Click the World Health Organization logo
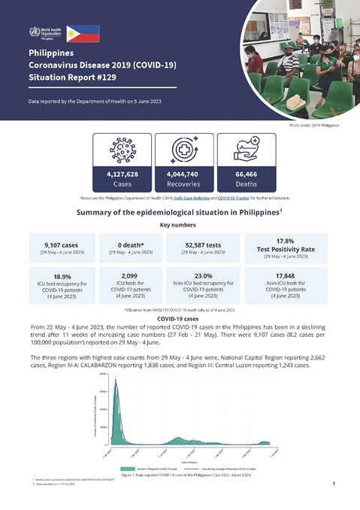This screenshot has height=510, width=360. point(47,33)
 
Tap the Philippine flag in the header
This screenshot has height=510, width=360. point(82,33)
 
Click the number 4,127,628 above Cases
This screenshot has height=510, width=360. point(122,174)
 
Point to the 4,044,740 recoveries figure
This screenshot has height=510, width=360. point(181,174)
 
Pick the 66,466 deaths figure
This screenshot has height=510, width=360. point(240,174)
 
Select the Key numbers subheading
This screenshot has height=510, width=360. point(180,225)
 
